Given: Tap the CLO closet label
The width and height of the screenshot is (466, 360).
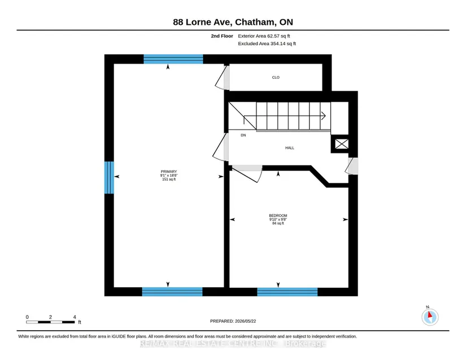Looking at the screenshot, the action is coord(276,77).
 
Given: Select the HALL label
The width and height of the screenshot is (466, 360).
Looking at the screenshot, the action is coord(290,148).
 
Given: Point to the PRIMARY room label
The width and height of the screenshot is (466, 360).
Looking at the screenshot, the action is coord(169,172).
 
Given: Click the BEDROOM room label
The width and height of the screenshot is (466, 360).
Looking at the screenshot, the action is coord(278,216).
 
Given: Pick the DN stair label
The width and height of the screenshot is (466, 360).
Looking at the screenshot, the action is coord(243,135).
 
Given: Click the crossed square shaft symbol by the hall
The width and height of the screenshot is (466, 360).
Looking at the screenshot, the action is coord(342,144).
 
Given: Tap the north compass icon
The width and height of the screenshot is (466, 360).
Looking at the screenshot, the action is coord(430,317).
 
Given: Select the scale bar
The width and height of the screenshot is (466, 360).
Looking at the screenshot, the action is coord(50,322).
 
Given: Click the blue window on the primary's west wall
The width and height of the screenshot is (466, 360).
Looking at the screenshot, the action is coord(109,178).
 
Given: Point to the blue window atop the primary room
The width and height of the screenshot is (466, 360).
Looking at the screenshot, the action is coord(173,59).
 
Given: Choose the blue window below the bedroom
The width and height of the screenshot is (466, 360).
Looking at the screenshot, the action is coord(288,292).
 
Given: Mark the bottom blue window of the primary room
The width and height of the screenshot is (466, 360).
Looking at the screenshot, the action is coord(172,292).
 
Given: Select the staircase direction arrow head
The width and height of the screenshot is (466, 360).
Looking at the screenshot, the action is coord(323,116).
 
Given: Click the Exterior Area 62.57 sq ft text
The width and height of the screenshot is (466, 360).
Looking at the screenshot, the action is coord(264,36).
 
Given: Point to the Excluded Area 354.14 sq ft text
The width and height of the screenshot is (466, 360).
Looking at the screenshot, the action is coord(267,43).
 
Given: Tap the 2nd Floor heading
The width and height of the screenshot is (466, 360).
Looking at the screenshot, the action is coord(222,36).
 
